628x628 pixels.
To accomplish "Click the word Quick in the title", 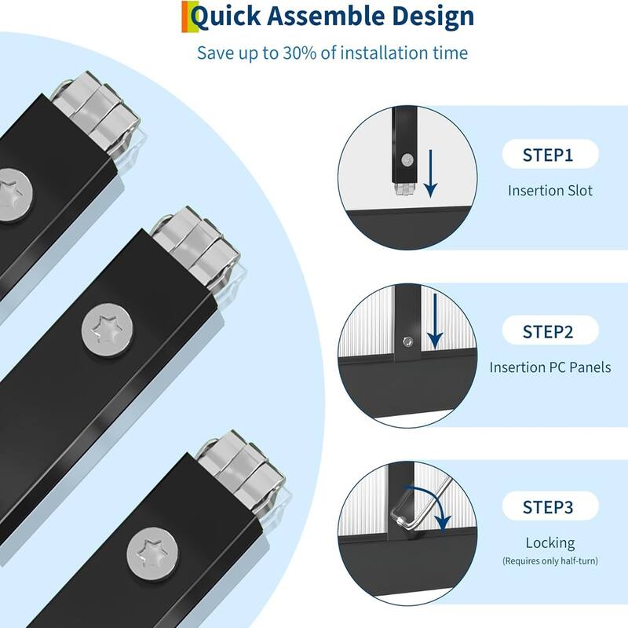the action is pos(225,16).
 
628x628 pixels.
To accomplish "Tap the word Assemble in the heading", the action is pos(326,16).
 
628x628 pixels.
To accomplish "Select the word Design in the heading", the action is pos(433,16).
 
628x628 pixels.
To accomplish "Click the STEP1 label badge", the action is pos(550,154).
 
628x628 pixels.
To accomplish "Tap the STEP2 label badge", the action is pos(550,330).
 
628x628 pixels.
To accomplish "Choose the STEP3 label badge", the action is pos(550,506).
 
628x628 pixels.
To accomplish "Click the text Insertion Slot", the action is pos(550,190).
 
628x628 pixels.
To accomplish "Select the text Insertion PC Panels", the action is pos(550,367).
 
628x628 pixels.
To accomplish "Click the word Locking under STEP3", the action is pos(550,543).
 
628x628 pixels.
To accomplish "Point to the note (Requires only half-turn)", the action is pos(550,560).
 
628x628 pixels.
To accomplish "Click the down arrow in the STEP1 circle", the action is pos(430,173).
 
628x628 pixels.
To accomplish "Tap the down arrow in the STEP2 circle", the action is pos(435,321).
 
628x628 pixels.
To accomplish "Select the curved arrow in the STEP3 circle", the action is pos(430,506).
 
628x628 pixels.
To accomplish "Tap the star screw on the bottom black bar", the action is pos(152,554).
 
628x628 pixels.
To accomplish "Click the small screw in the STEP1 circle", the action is pos(407,160).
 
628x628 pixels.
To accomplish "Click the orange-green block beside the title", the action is pos(190,16).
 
